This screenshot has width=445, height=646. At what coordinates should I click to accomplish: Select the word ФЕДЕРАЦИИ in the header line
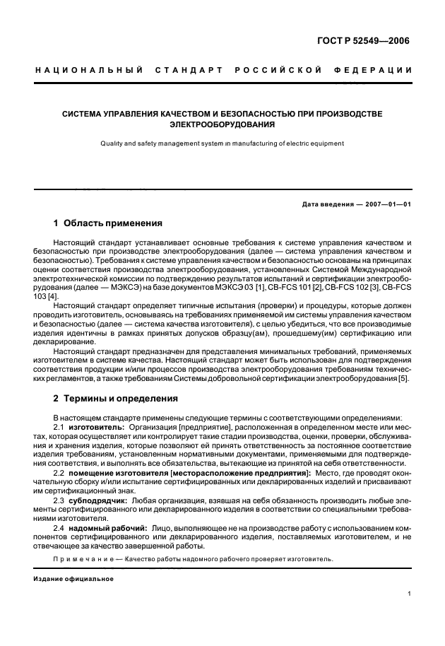(x=378, y=70)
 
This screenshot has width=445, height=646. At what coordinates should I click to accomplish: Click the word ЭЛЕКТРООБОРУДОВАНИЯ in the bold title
(x=222, y=124)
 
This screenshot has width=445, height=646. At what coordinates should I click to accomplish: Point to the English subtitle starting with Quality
(x=222, y=143)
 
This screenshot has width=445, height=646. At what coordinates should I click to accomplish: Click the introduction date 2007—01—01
(x=386, y=204)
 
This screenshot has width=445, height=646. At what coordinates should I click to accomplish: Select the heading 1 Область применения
(x=108, y=223)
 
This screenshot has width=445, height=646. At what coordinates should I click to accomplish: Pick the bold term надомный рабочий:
(x=107, y=528)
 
